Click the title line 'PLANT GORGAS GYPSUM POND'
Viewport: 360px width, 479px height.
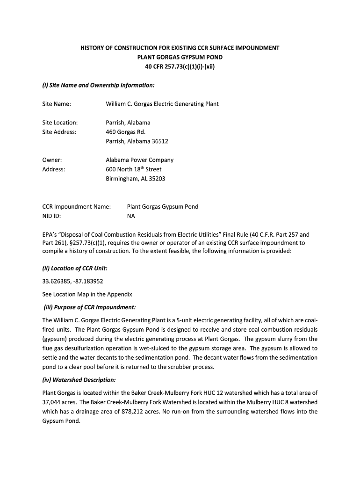pyautogui.click(x=180, y=57)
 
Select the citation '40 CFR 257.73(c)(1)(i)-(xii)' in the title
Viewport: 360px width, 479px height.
pyautogui.click(x=180, y=66)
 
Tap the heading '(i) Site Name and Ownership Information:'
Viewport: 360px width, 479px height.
pyautogui.click(x=98, y=85)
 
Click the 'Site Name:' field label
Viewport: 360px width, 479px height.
pyautogui.click(x=57, y=104)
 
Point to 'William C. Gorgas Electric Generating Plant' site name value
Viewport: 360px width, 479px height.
pyautogui.click(x=162, y=104)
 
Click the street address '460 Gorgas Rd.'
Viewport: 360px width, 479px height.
pyautogui.click(x=126, y=132)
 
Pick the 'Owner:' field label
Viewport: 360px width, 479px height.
pyautogui.click(x=52, y=160)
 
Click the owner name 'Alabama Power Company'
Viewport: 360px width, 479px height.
pyautogui.click(x=140, y=160)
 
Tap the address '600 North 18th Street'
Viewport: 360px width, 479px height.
pyautogui.click(x=133, y=169)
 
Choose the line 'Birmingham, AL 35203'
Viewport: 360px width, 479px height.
pyautogui.click(x=136, y=179)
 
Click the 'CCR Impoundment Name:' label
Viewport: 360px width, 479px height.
pyautogui.click(x=77, y=207)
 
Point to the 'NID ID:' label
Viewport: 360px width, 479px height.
pyautogui.click(x=51, y=216)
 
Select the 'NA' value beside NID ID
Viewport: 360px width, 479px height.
pyautogui.click(x=131, y=216)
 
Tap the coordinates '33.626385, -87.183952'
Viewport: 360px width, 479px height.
pyautogui.click(x=72, y=282)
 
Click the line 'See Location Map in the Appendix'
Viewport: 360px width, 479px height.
pyautogui.click(x=87, y=294)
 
